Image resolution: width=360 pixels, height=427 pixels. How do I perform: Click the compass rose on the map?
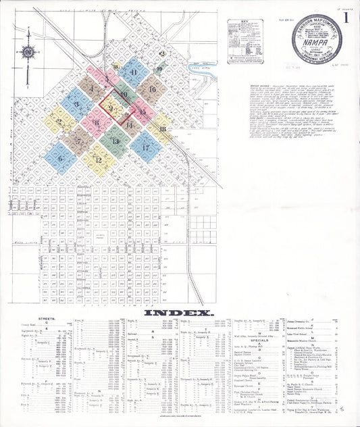[28, 51]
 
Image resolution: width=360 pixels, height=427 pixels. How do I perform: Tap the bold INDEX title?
[180, 312]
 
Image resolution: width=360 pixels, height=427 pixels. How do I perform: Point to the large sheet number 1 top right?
[346, 18]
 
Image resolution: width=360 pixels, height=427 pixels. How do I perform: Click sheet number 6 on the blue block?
[60, 159]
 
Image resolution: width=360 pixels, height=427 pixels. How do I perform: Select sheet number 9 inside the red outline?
[111, 108]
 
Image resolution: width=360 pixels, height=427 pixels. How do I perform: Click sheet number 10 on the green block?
[124, 95]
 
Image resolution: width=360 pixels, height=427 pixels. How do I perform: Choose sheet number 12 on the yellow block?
[99, 160]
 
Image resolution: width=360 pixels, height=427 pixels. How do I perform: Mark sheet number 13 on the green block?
[116, 141]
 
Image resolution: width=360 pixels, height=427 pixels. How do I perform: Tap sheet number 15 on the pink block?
[142, 111]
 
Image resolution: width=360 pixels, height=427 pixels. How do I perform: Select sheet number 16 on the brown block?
[153, 89]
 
